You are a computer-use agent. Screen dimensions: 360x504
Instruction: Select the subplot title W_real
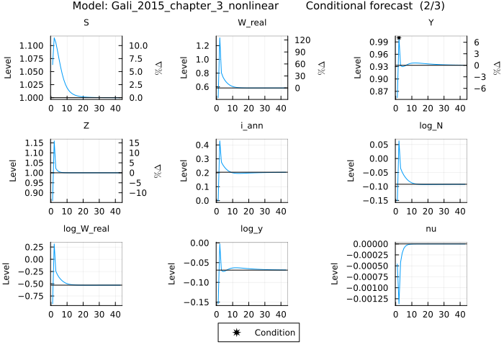[251, 22]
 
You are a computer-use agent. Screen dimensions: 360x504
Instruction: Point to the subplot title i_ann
[251, 126]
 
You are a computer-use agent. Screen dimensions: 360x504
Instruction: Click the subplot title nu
[431, 230]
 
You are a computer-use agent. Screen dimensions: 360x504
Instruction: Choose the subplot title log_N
[431, 126]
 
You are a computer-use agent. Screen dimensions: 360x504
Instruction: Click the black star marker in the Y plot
[398, 37]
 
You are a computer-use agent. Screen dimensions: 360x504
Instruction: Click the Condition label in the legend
[274, 333]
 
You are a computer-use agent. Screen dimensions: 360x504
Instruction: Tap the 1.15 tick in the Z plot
[35, 143]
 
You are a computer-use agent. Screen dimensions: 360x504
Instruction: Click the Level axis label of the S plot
[9, 65]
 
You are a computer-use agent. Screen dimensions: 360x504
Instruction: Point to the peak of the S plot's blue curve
[54, 37]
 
